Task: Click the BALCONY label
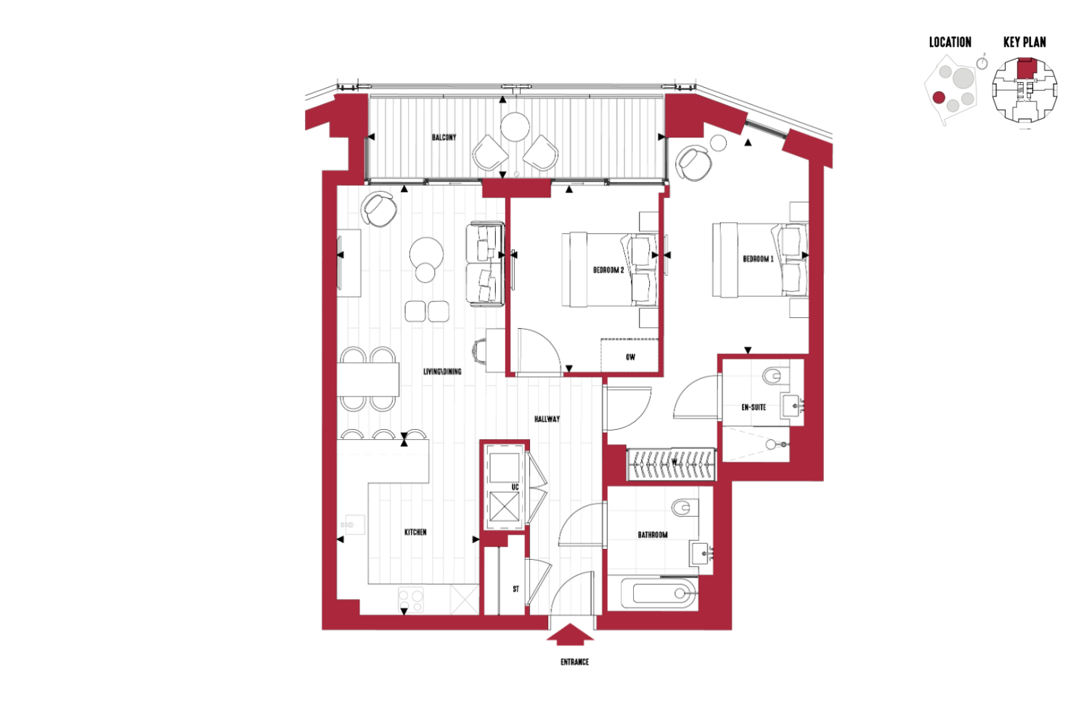444,138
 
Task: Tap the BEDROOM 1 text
758,259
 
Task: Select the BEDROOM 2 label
608,270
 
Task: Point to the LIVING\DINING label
442,372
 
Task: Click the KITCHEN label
415,532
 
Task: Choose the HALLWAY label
547,419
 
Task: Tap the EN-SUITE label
754,407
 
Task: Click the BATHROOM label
653,535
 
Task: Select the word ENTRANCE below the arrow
575,662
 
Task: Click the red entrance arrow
570,635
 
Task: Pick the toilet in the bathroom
684,508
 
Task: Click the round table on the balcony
515,127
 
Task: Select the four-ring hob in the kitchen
411,600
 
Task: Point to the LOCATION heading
950,42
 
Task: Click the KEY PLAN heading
1024,42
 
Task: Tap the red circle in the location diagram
939,98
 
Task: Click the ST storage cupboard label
515,590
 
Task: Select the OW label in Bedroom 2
631,357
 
